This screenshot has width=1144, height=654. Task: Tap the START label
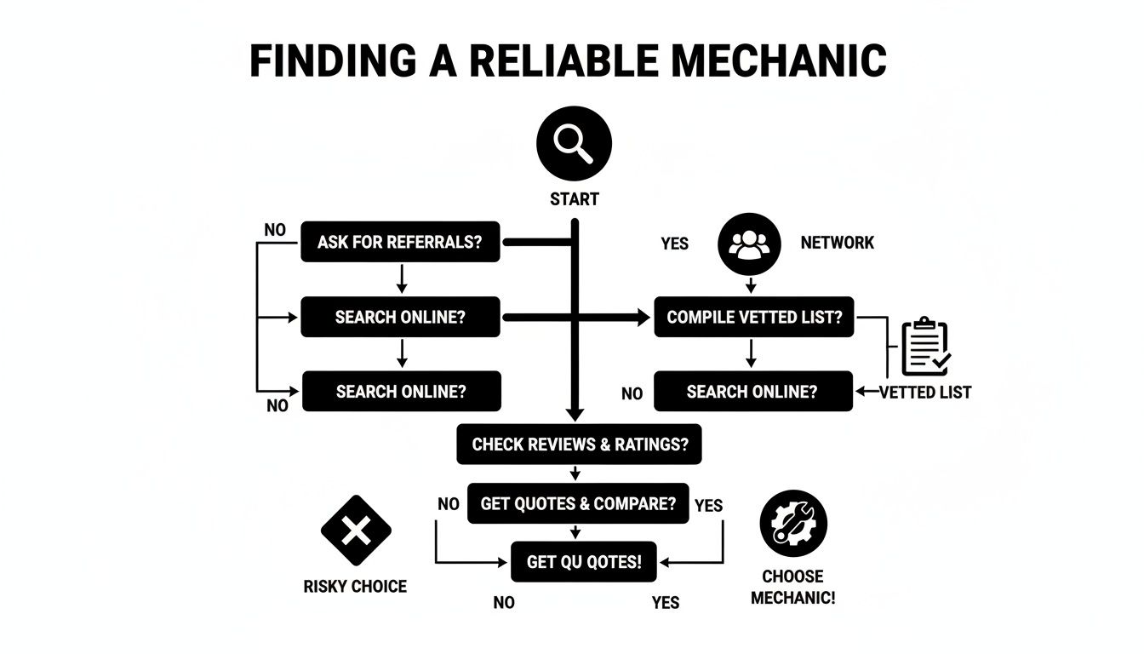coord(575,199)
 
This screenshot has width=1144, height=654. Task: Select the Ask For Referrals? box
coord(400,243)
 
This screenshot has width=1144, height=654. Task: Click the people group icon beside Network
coord(749,243)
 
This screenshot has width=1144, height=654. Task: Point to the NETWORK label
coord(837,243)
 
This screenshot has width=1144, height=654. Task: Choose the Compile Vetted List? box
coord(753,318)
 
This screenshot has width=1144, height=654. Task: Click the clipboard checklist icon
coord(925,347)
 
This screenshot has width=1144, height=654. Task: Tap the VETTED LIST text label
coord(924,393)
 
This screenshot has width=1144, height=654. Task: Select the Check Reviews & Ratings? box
coord(579,445)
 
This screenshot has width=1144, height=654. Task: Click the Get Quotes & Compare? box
coord(578,504)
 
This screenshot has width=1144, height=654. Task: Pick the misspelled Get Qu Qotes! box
coord(583,562)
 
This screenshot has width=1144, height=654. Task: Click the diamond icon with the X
coord(356,531)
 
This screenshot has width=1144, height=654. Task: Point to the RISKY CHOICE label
coord(355,587)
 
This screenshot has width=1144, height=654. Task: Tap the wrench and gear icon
coord(792,524)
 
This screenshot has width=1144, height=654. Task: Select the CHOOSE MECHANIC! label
coord(792,587)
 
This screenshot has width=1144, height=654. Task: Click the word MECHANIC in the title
coord(765,61)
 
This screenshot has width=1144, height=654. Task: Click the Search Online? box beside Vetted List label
coord(752,392)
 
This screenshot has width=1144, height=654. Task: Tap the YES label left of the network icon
coord(674,244)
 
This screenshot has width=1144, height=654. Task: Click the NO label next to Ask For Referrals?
coord(275,230)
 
